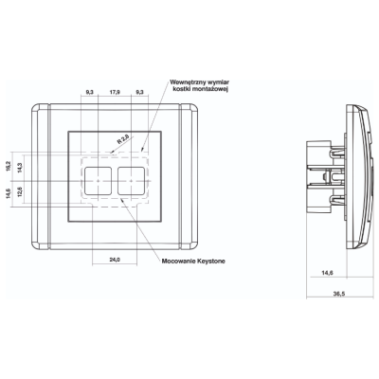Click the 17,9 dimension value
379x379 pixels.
[115, 92]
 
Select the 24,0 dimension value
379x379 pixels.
[115, 260]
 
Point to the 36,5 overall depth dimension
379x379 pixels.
[339, 294]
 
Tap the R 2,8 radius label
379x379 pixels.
[123, 139]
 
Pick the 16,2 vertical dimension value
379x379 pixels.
[9, 166]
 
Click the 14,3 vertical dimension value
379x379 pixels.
[20, 168]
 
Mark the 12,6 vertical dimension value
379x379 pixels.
[20, 192]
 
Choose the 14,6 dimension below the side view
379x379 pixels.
[328, 273]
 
